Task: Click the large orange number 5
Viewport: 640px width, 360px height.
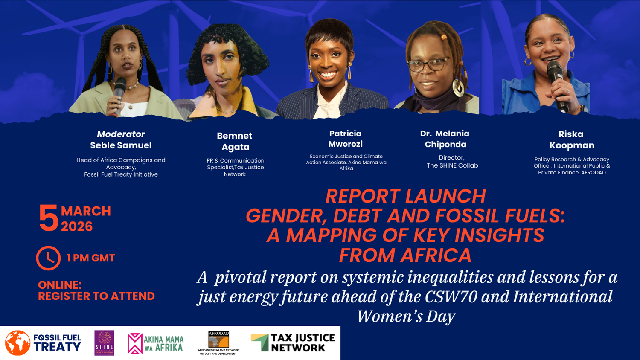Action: [x=48, y=218]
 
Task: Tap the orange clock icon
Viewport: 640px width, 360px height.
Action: [x=48, y=258]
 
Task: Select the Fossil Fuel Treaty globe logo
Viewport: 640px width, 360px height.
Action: [x=17, y=343]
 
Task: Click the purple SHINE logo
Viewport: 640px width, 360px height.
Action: [x=104, y=343]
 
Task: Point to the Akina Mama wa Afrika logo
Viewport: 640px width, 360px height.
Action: [x=156, y=343]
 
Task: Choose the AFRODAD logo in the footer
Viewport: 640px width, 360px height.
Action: [x=218, y=343]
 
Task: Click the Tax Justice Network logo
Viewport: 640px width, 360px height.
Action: [x=293, y=343]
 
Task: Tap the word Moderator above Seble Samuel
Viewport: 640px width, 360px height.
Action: [x=121, y=134]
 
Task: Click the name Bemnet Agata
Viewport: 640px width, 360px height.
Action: [x=235, y=141]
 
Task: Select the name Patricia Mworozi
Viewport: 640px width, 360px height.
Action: [x=346, y=139]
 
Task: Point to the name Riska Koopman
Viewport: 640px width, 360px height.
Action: [x=572, y=140]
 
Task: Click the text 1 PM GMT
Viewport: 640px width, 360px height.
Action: [x=90, y=258]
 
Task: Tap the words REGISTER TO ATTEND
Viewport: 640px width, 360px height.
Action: [x=96, y=296]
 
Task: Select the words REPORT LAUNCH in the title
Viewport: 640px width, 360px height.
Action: [x=405, y=196]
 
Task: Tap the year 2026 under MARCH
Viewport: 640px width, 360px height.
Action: [x=77, y=226]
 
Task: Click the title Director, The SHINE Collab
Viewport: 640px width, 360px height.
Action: [x=452, y=162]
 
